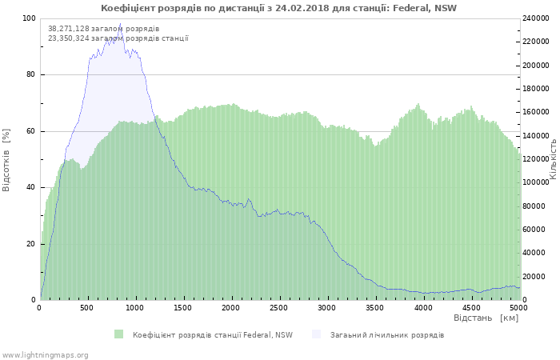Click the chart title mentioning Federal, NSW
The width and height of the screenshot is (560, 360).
(x=278, y=8)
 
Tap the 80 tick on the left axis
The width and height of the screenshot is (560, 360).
(x=30, y=74)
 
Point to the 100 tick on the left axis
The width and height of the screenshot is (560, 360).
(x=28, y=18)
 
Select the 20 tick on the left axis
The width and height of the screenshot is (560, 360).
(x=30, y=243)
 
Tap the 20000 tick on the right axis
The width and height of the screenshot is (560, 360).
(x=534, y=277)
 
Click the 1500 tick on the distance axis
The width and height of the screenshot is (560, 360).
(x=183, y=307)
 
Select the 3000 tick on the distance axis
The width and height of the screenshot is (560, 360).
(x=327, y=307)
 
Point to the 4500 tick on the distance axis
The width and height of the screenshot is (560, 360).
(x=470, y=307)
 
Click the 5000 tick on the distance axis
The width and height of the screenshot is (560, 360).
(x=518, y=307)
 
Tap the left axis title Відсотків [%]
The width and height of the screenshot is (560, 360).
(x=7, y=160)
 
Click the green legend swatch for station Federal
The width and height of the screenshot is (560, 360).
(x=119, y=334)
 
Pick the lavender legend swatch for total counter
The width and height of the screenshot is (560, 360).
(x=316, y=334)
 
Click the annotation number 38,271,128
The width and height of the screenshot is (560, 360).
(x=69, y=29)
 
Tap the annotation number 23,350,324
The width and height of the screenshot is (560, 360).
(x=69, y=38)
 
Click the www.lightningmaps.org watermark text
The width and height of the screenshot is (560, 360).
(x=46, y=354)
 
